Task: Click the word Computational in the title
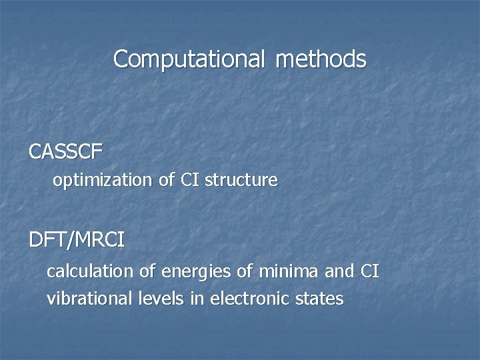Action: coord(189,59)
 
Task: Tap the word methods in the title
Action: coord(320,59)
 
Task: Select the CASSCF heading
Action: coord(66,153)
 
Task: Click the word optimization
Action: coord(103,180)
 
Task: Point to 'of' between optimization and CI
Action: coord(167,180)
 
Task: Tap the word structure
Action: coord(241,180)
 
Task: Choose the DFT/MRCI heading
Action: coord(77,240)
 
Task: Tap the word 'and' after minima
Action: coord(339,272)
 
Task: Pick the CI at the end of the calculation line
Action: coord(369,272)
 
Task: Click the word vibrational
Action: coord(90,299)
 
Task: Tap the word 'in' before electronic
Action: coord(197,299)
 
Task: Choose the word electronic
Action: coord(249,299)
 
